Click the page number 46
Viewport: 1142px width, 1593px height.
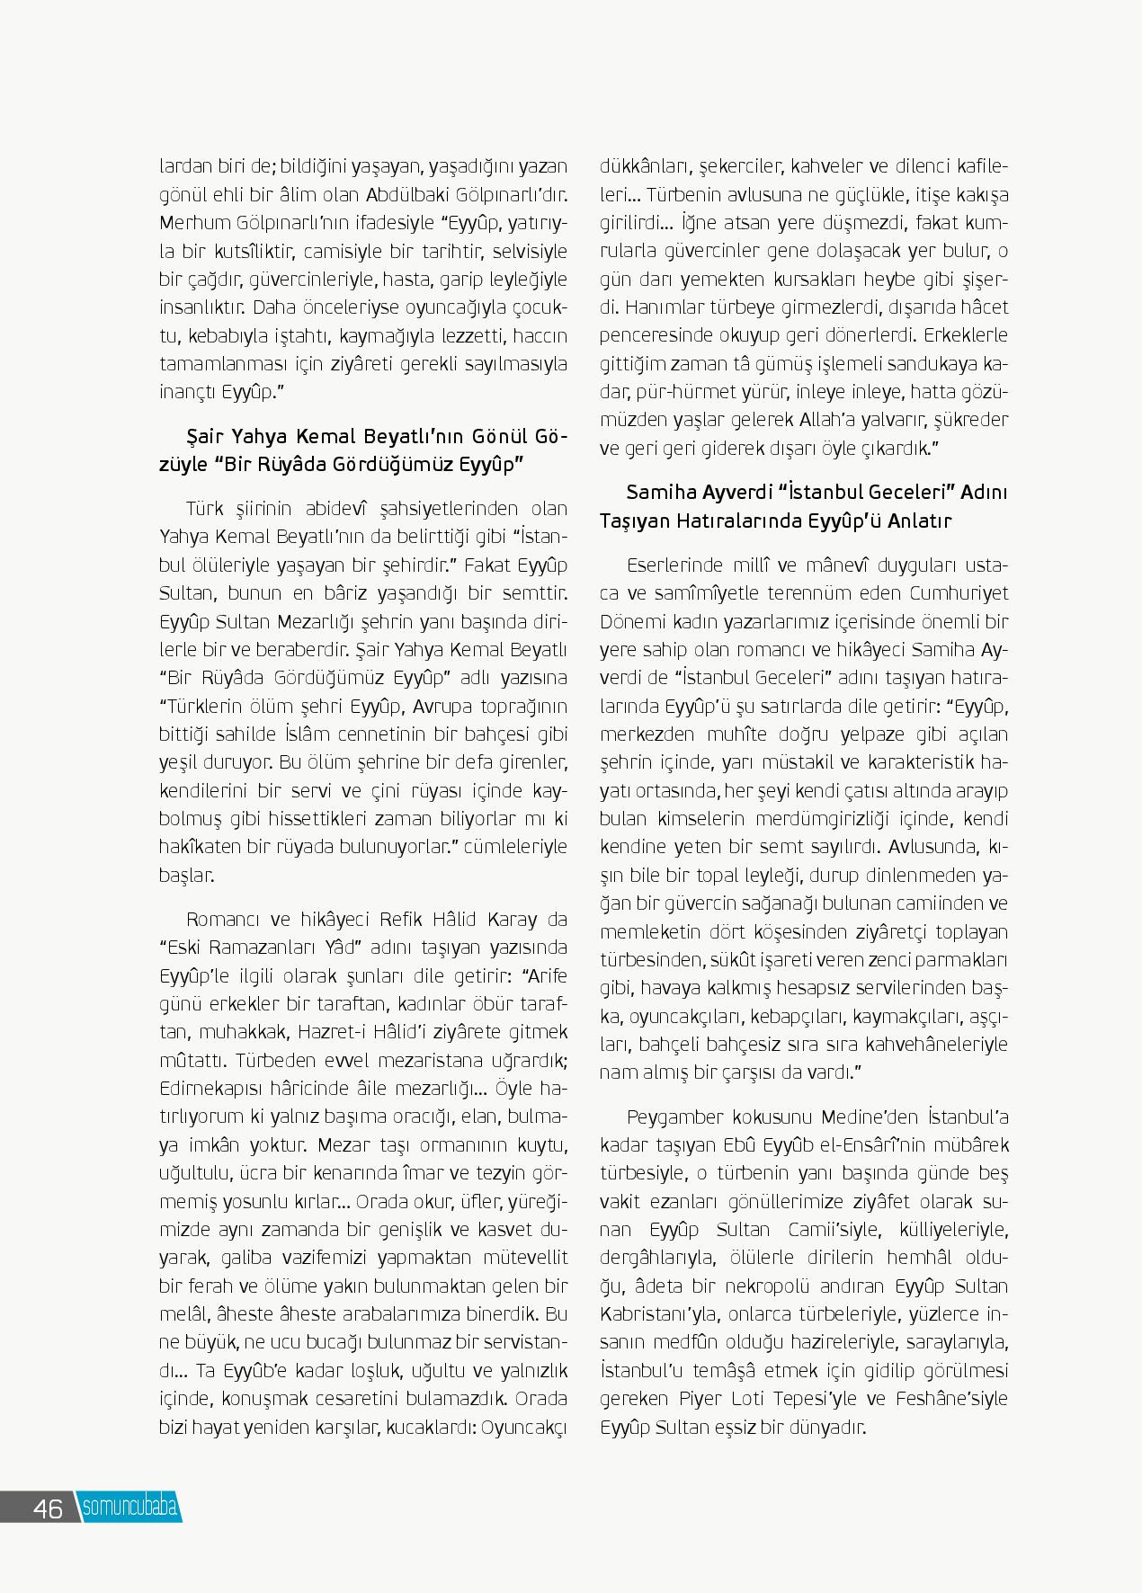pos(48,1508)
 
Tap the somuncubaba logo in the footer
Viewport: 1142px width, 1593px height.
pos(129,1508)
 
